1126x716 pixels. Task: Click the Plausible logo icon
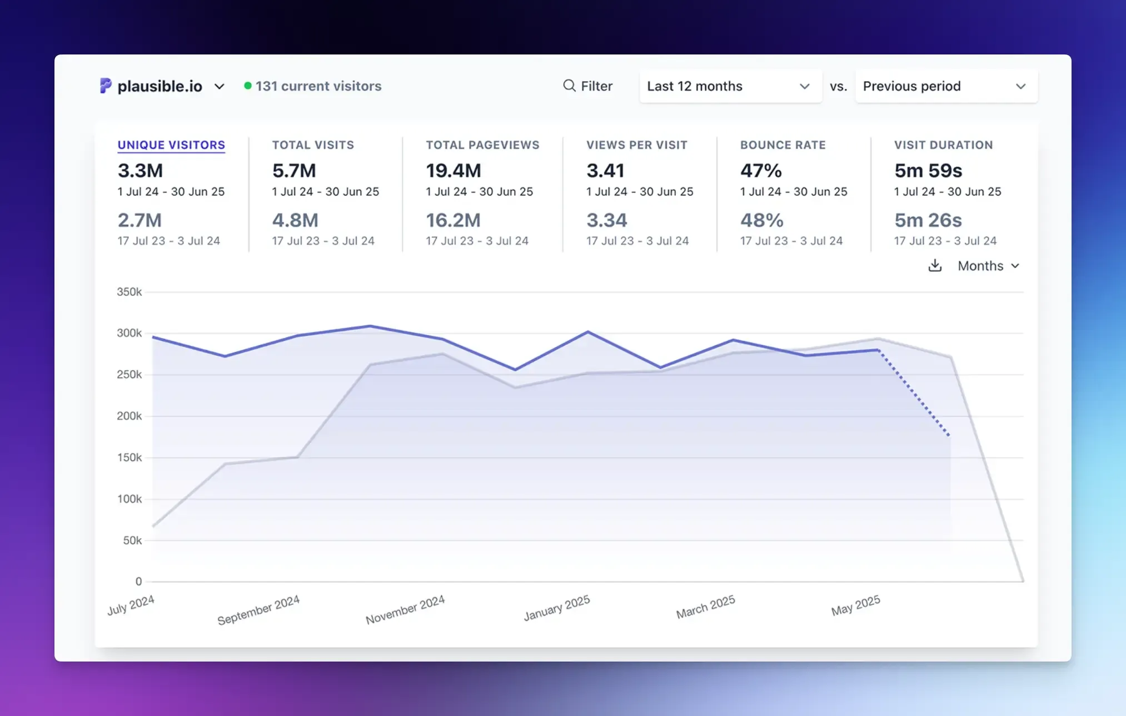pos(106,86)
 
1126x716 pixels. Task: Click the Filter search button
pos(587,86)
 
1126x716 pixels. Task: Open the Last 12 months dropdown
pos(730,86)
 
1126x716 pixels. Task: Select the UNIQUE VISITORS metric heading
pos(171,145)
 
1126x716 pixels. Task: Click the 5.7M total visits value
pos(294,171)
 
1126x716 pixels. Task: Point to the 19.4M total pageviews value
pos(453,171)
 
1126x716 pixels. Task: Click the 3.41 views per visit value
pos(605,171)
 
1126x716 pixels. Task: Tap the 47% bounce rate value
pos(761,171)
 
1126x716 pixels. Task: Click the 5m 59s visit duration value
pos(928,171)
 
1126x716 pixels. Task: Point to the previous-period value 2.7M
pos(139,220)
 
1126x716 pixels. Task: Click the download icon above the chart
pos(935,266)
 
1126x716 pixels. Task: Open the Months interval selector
pos(988,266)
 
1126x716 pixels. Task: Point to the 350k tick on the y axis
pos(129,292)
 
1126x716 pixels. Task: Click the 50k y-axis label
pos(132,540)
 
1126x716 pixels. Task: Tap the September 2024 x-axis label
pos(258,610)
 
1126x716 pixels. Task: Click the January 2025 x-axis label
pos(557,608)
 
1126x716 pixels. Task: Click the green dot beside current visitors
pos(248,86)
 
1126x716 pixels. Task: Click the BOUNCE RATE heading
pos(783,145)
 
